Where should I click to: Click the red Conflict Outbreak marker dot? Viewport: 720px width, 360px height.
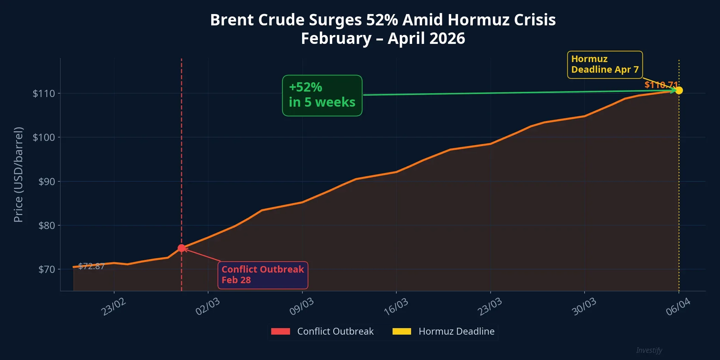click(181, 248)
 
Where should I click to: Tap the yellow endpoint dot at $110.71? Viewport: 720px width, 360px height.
click(679, 90)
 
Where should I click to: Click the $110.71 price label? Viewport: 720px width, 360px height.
click(661, 84)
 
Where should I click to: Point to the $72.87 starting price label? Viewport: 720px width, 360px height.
click(91, 266)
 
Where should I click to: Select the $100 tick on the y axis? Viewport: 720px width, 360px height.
click(44, 137)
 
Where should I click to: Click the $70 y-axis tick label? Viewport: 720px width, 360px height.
click(46, 269)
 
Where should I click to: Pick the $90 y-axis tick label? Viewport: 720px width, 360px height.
click(46, 181)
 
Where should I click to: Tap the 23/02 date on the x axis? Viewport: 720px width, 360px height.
click(113, 307)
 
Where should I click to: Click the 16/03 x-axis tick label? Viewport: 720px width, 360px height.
click(396, 307)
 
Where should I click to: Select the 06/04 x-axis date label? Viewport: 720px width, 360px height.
click(678, 307)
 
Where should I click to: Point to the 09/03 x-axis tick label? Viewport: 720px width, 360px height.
click(301, 307)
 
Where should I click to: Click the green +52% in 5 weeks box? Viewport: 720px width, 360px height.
click(322, 95)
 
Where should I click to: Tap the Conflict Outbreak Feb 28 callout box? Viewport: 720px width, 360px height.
click(263, 275)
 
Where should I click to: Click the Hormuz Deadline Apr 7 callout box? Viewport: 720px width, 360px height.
click(604, 64)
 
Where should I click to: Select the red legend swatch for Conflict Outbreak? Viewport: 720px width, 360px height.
click(280, 331)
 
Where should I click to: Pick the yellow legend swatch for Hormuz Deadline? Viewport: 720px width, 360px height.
click(401, 331)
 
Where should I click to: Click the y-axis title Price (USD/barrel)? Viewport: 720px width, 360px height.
click(18, 175)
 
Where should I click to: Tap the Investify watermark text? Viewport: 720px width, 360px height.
click(649, 350)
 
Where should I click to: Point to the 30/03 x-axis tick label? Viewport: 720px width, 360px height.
click(584, 307)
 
